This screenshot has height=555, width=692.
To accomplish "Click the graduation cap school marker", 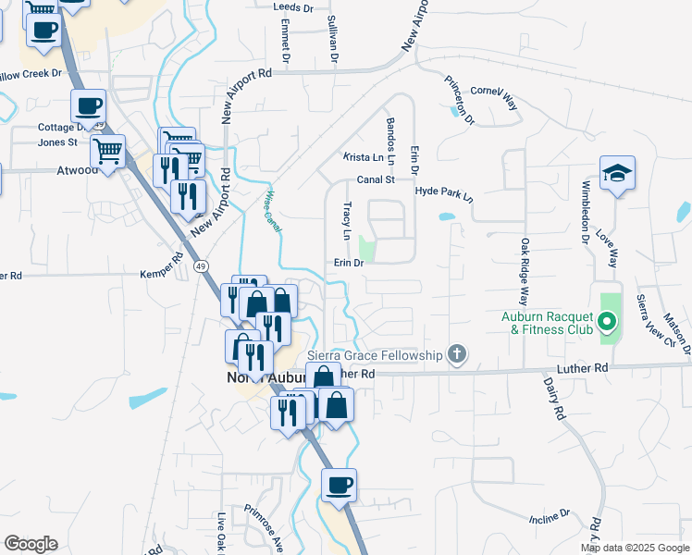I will click(617, 174).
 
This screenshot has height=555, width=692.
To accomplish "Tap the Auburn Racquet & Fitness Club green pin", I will click(607, 323).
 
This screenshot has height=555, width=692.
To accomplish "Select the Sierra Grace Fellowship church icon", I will click(455, 353).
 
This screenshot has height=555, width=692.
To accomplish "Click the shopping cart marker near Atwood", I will click(108, 151).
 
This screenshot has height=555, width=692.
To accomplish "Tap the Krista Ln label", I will click(363, 157).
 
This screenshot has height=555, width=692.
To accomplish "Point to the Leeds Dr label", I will click(293, 6).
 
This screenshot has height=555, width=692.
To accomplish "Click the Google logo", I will click(31, 544).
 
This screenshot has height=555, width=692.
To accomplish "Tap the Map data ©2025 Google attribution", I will click(636, 548).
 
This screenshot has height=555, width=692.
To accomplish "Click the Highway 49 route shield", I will click(201, 266).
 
